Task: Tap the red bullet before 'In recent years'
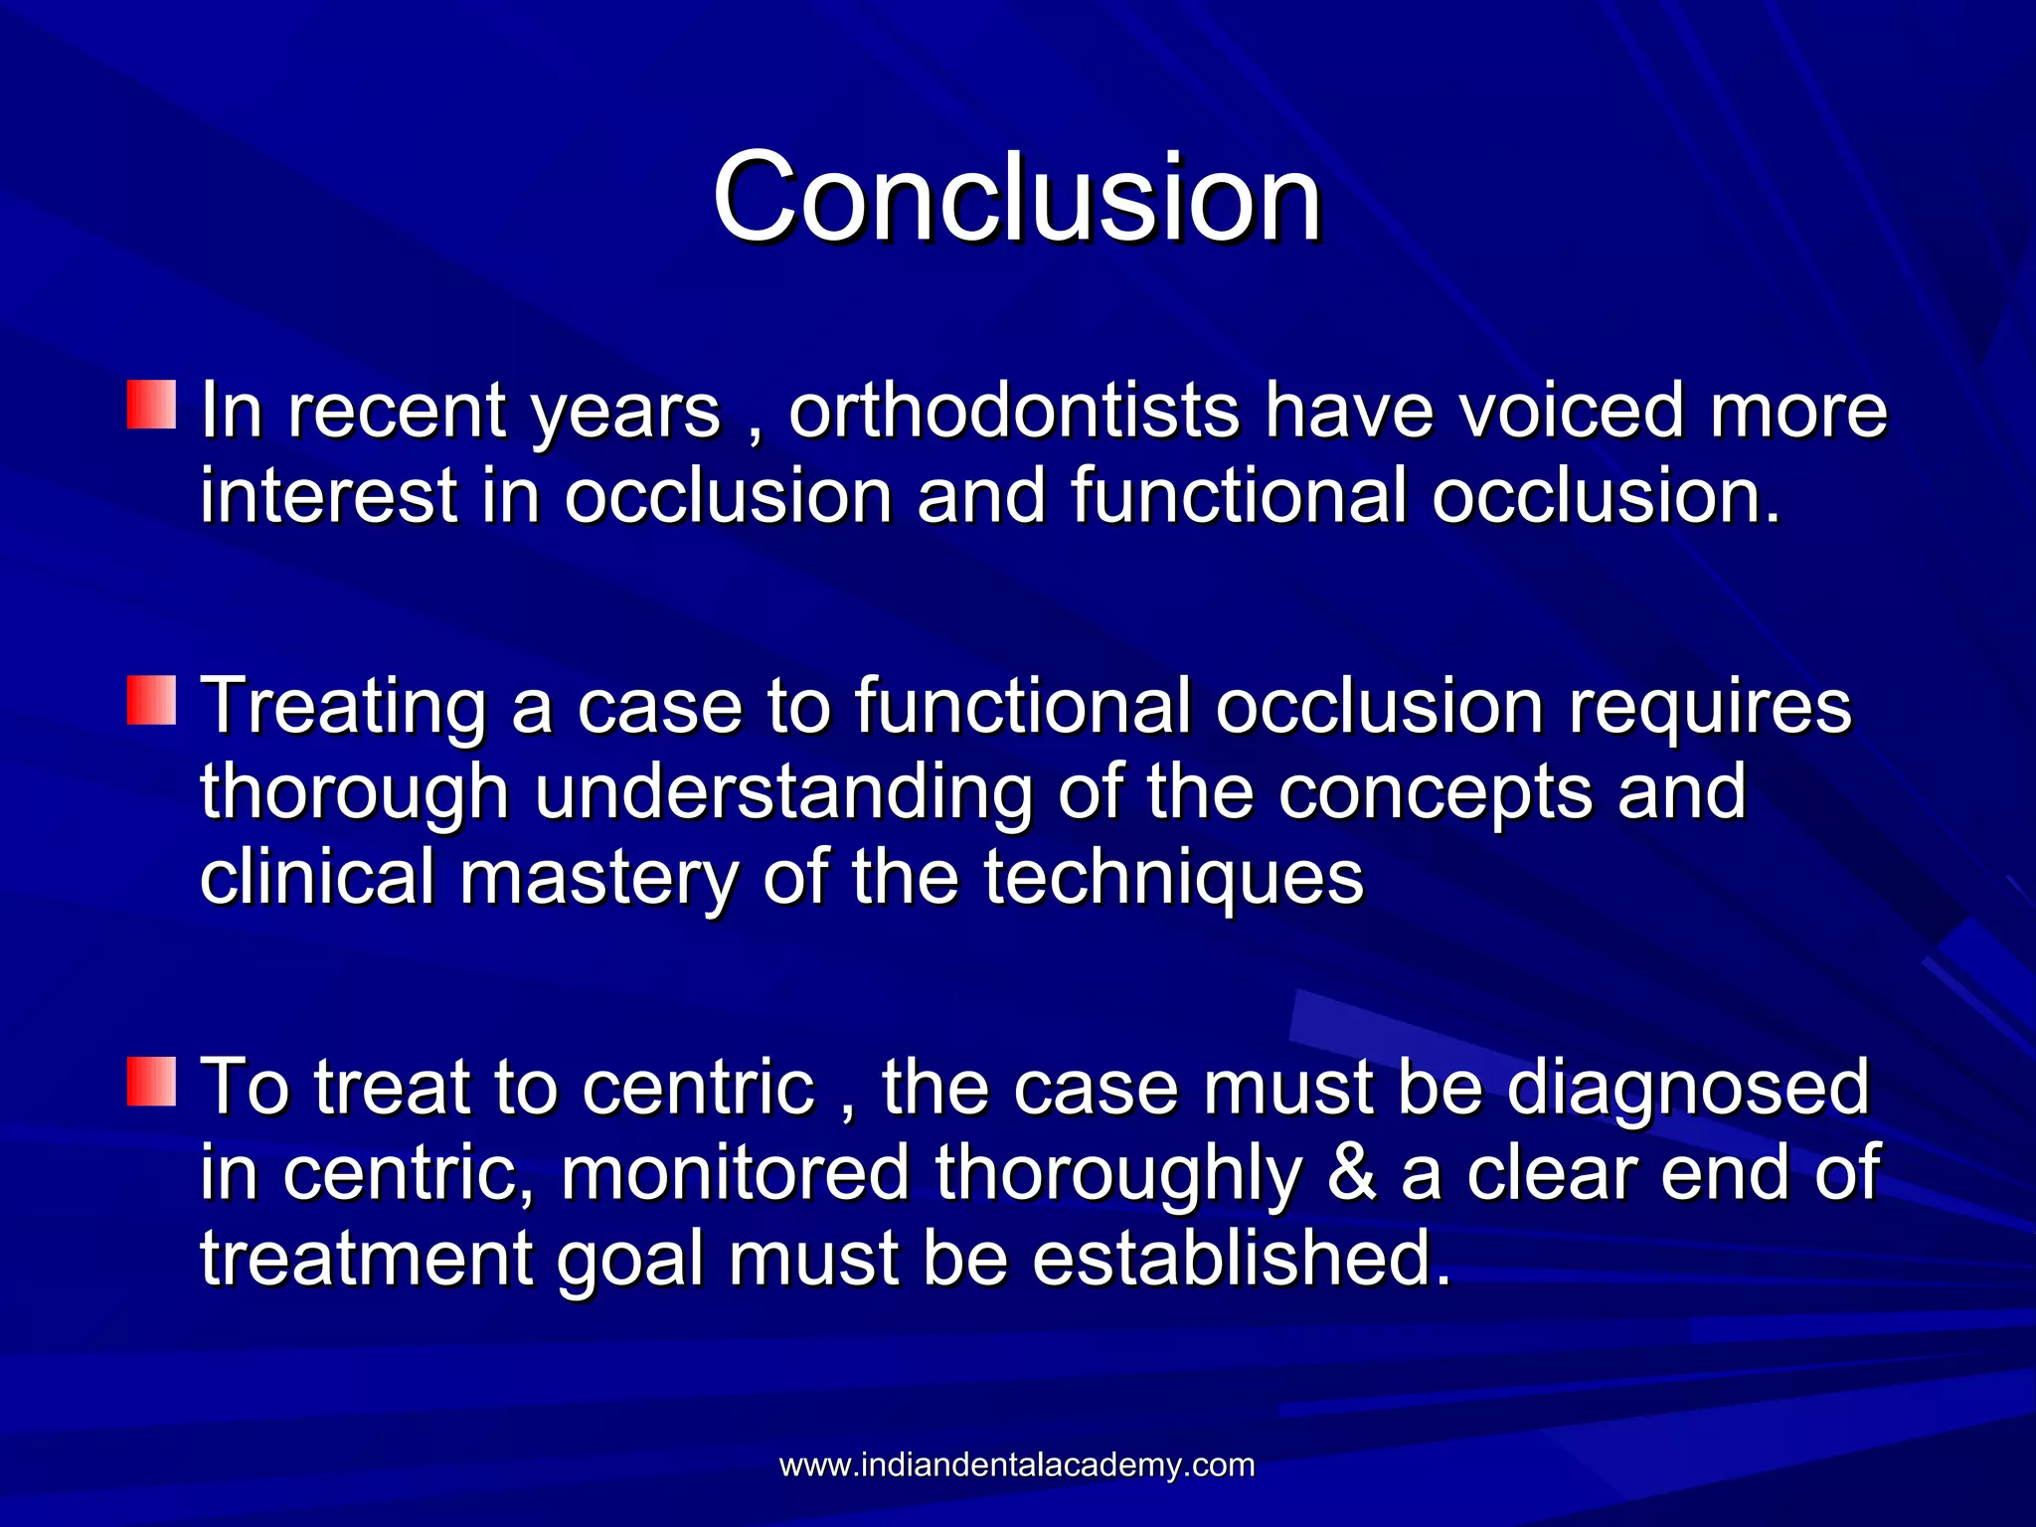(151, 404)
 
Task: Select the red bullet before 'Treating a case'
(151, 700)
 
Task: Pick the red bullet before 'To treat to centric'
(151, 1082)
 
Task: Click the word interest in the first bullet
(328, 495)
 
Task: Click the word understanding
(783, 793)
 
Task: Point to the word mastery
(598, 879)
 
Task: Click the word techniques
(1173, 879)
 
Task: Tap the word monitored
(736, 1173)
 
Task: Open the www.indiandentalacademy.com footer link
(1017, 1465)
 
